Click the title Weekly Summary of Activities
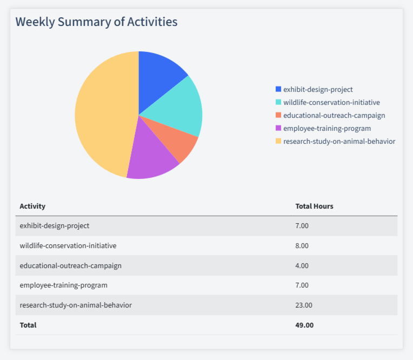(96, 22)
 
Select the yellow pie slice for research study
(103, 114)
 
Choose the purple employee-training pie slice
(151, 157)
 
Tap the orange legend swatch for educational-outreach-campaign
(278, 115)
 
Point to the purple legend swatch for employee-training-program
(278, 128)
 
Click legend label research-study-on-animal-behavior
(339, 141)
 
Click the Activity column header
(32, 206)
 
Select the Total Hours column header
(314, 206)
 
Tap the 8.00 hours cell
(302, 245)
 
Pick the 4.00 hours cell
(302, 265)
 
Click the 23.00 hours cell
(304, 305)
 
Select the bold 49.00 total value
(304, 325)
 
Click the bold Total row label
(28, 325)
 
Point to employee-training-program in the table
(63, 285)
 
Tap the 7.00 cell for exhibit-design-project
(302, 225)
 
